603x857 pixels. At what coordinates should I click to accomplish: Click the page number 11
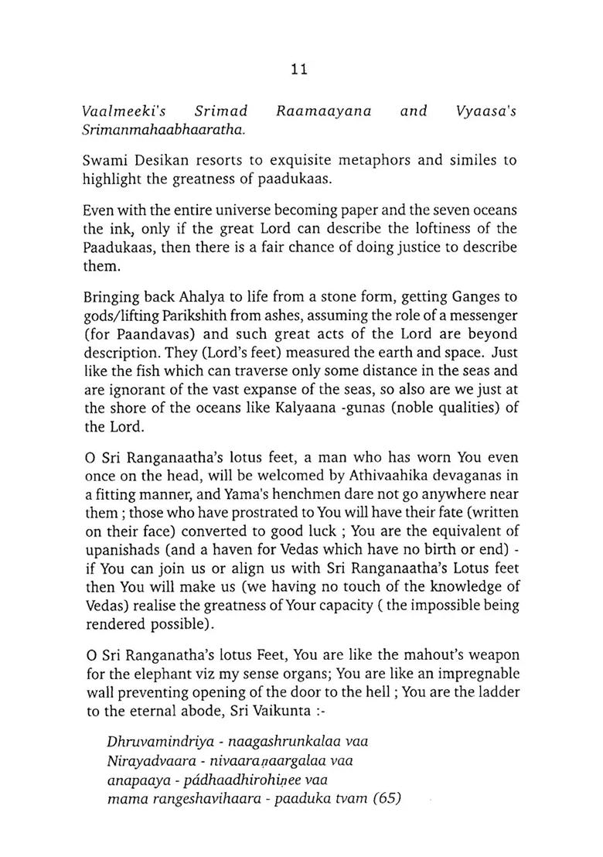tap(300, 69)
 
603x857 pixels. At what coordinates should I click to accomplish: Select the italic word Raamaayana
tap(324, 111)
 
